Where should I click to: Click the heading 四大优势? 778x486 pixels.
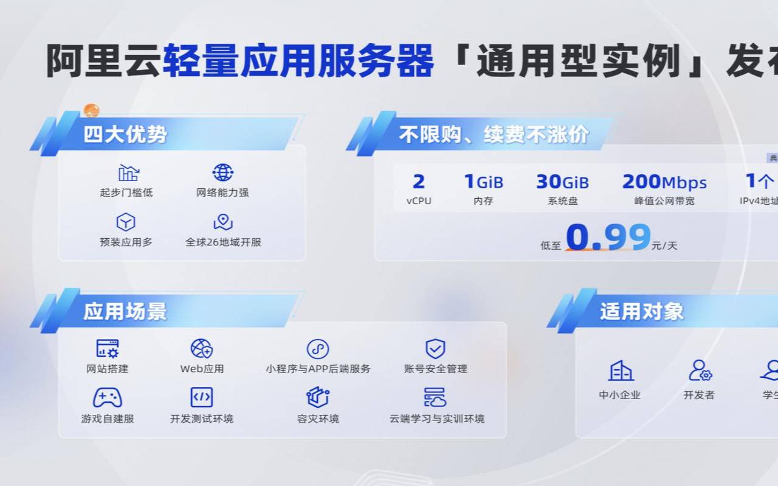click(x=125, y=134)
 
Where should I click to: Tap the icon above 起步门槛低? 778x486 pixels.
click(x=128, y=173)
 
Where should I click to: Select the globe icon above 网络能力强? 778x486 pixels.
click(x=223, y=173)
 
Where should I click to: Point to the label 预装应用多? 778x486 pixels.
click(x=126, y=242)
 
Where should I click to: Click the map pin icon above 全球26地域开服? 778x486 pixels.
click(x=223, y=222)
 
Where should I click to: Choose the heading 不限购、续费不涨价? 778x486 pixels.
click(x=494, y=134)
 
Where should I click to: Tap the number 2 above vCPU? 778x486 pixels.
click(x=418, y=182)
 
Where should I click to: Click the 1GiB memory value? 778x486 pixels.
click(x=484, y=182)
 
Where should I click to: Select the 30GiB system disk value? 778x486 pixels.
click(x=562, y=182)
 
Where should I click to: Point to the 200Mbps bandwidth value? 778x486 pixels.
click(x=664, y=182)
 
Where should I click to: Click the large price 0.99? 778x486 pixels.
click(x=608, y=237)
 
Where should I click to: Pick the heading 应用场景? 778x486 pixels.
click(x=125, y=312)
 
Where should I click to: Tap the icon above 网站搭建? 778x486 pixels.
click(x=108, y=349)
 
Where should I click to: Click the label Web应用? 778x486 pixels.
click(x=202, y=369)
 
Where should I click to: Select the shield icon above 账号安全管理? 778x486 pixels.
click(x=435, y=349)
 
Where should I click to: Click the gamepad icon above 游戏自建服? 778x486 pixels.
click(x=108, y=398)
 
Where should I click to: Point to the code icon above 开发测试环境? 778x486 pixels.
click(x=201, y=397)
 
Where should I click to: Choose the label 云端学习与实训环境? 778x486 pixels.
click(x=437, y=419)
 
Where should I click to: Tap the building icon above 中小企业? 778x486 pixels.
click(x=620, y=371)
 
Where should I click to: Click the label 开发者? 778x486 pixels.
click(x=699, y=395)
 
